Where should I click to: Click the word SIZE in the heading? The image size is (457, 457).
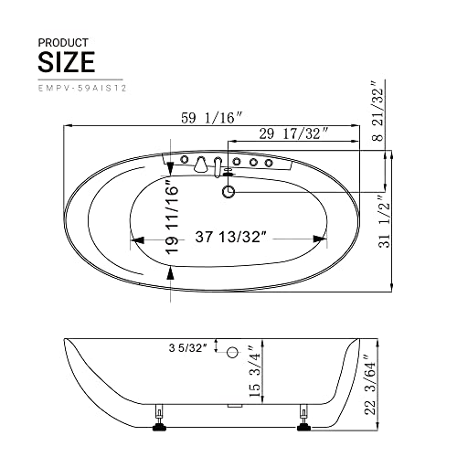pyautogui.click(x=67, y=62)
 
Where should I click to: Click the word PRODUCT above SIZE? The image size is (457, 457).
pyautogui.click(x=63, y=43)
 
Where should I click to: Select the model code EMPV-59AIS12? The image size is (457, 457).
pyautogui.click(x=82, y=89)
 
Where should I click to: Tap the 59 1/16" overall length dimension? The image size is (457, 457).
pyautogui.click(x=212, y=118)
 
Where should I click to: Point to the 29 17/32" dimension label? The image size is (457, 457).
pyautogui.click(x=293, y=133)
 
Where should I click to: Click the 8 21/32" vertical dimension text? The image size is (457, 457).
pyautogui.click(x=378, y=112)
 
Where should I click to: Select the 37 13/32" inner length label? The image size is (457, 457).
pyautogui.click(x=231, y=237)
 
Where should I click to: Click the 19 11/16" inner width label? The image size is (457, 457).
pyautogui.click(x=172, y=217)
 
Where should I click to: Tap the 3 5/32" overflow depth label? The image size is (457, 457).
pyautogui.click(x=188, y=348)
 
